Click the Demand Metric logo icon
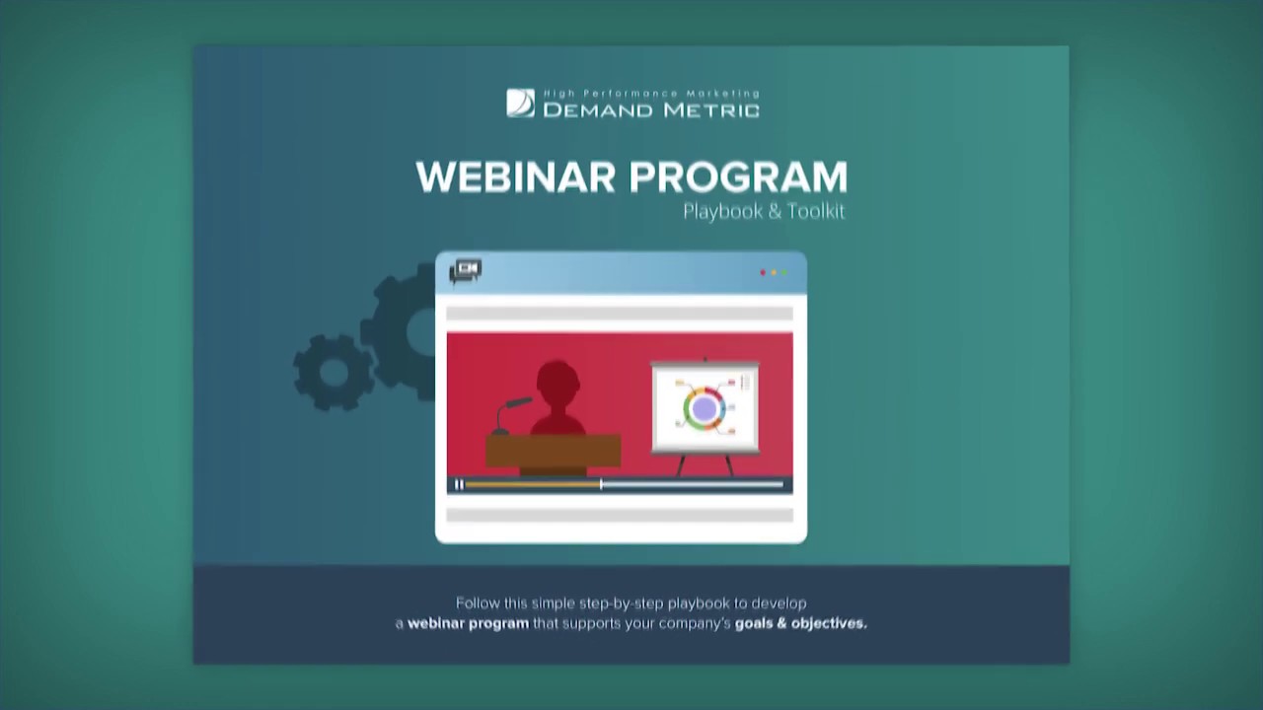coord(520,103)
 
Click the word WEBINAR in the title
coord(518,177)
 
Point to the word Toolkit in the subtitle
coord(816,211)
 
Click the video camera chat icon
coord(465,271)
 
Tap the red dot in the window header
coord(763,272)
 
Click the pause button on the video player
coord(459,484)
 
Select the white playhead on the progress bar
coord(601,484)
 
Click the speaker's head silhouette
coord(557,381)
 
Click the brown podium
coord(553,452)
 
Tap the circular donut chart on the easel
coord(704,408)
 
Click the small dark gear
coord(333,372)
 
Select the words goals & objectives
coord(800,623)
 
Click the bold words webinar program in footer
coord(468,623)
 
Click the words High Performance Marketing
coord(651,93)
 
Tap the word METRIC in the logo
coord(711,109)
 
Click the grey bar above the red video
coord(620,314)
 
